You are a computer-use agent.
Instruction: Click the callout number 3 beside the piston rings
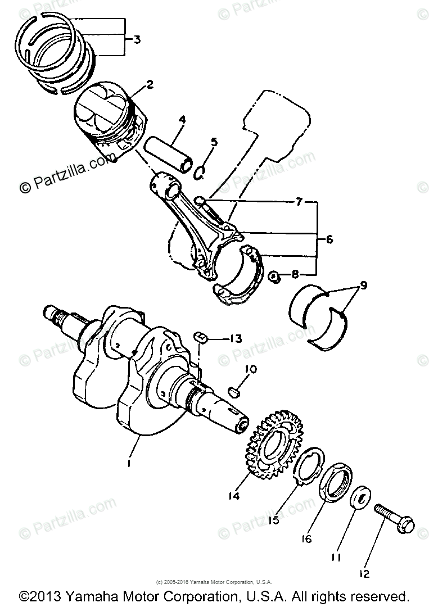click(x=137, y=39)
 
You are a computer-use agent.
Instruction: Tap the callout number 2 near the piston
click(x=150, y=85)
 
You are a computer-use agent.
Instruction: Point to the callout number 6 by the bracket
click(x=329, y=239)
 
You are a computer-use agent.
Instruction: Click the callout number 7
click(x=300, y=201)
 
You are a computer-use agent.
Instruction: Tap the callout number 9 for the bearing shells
click(x=363, y=285)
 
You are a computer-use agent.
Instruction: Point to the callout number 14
click(x=234, y=496)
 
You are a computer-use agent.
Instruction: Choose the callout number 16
click(x=306, y=539)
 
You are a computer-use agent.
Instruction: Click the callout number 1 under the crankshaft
click(x=129, y=463)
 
